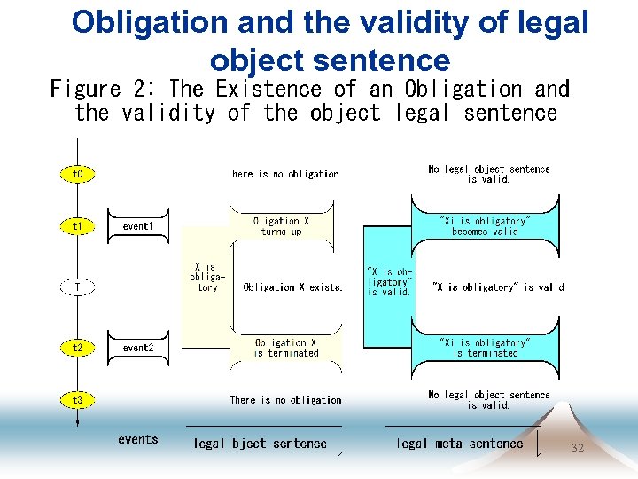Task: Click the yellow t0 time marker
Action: [x=78, y=174]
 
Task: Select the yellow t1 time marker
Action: [x=78, y=226]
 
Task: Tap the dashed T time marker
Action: [x=78, y=287]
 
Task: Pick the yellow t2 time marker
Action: [x=78, y=348]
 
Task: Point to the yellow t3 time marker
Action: [x=78, y=400]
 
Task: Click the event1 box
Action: [x=138, y=226]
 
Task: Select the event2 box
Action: [x=138, y=348]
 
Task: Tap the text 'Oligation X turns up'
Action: [x=281, y=226]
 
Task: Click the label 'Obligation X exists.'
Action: [x=292, y=287]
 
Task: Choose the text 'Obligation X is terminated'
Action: [x=285, y=348]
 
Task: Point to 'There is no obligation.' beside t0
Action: [x=284, y=175]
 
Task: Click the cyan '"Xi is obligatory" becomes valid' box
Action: [x=485, y=226]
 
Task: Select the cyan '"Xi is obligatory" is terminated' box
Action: [x=485, y=348]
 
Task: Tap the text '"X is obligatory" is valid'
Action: [x=497, y=287]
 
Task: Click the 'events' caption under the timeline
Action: [x=138, y=439]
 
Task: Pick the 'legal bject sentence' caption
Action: [x=260, y=444]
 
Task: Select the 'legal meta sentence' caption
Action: [x=459, y=444]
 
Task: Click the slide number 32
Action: [x=578, y=448]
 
